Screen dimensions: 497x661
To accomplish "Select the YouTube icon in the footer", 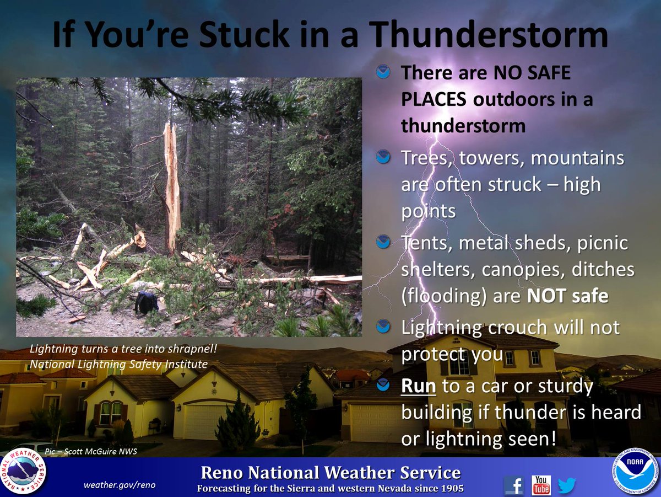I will (x=541, y=485).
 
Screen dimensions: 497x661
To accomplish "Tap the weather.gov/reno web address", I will (x=120, y=485).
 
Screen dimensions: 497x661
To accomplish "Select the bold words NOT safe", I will (x=567, y=296).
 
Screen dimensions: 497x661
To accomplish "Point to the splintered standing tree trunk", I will (x=172, y=188).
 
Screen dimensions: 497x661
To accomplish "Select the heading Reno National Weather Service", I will (x=330, y=473).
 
